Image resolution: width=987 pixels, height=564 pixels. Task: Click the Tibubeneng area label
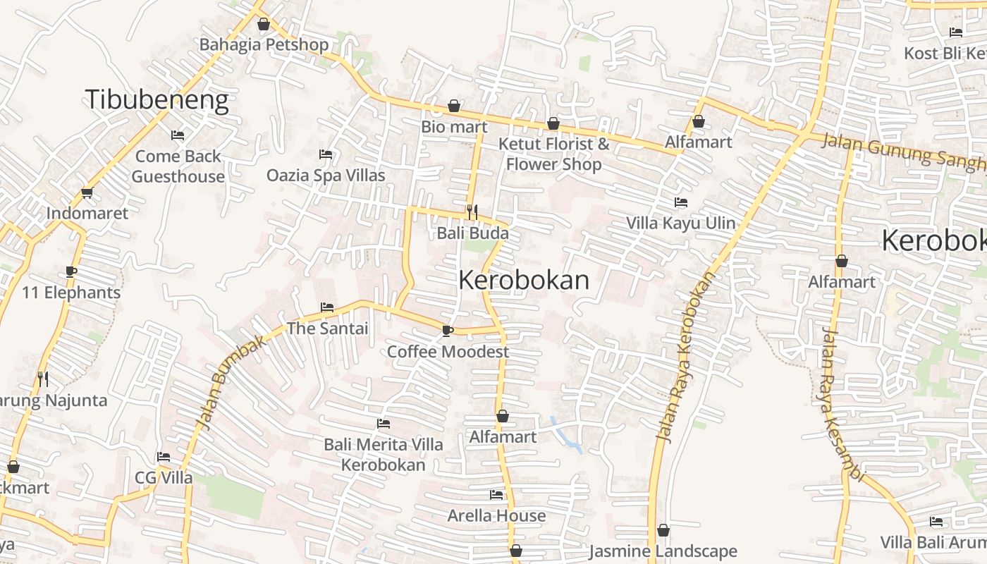[157, 100]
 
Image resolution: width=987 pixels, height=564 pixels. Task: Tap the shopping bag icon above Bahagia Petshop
[264, 25]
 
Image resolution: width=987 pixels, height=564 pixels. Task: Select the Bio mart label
[454, 127]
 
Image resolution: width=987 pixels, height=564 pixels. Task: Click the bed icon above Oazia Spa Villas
[326, 154]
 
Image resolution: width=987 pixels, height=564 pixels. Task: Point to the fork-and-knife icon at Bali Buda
[472, 211]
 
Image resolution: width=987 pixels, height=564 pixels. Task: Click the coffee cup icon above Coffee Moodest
[447, 331]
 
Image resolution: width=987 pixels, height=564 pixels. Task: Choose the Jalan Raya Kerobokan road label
[685, 357]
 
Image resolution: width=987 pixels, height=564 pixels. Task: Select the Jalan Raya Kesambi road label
[841, 405]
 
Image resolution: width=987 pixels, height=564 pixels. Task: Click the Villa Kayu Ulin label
[681, 223]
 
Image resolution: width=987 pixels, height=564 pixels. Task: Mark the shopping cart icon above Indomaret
[87, 192]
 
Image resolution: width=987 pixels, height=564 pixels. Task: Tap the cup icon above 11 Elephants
[71, 271]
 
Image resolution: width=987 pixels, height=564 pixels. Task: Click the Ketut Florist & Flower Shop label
[554, 154]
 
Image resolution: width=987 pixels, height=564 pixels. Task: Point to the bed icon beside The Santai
[327, 307]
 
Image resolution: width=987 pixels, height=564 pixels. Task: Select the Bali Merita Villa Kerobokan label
[384, 455]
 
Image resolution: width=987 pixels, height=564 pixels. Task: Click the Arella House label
[496, 515]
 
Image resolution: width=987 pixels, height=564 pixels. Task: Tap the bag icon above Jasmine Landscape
[663, 530]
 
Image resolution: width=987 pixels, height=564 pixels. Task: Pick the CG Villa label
[164, 477]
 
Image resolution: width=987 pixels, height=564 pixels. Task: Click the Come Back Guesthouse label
[178, 166]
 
